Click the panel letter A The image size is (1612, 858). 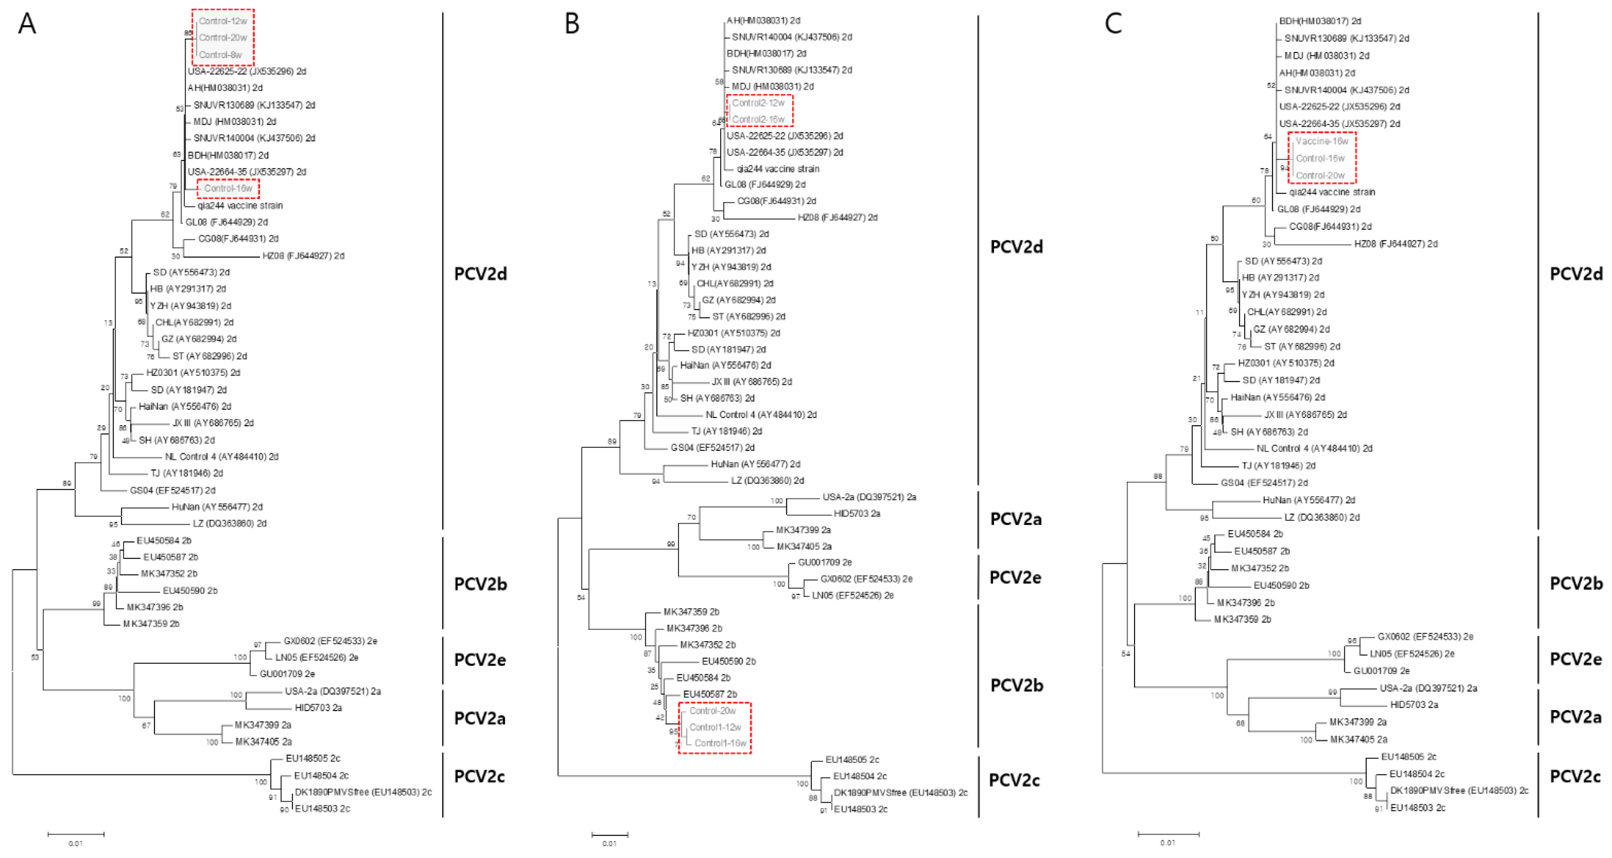point(27,24)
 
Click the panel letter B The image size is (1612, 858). point(571,24)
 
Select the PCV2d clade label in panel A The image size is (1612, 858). point(480,274)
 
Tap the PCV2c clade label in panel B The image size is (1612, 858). point(1014,780)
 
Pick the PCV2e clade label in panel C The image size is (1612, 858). point(1575,659)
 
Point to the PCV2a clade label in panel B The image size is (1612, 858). point(1016,519)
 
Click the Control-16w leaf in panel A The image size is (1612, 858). point(228,188)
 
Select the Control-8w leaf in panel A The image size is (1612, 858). point(220,55)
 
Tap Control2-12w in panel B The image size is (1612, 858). point(758,103)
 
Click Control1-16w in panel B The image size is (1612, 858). point(720,743)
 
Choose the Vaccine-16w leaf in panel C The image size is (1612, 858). point(1322,141)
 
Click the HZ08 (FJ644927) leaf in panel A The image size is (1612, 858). point(303,256)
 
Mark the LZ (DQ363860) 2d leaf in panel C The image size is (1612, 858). point(1322,518)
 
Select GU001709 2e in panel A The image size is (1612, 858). point(287,674)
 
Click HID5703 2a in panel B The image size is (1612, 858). point(857,514)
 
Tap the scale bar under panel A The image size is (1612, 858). point(76,834)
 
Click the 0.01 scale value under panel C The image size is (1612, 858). point(1168,843)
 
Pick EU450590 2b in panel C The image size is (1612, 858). point(1281,586)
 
